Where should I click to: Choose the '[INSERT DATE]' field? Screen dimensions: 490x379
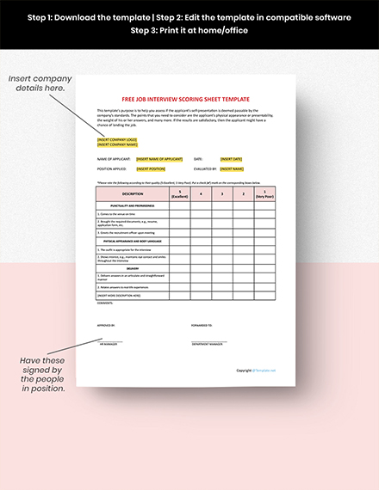[x=232, y=159]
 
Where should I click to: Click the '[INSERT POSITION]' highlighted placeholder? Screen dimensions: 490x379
[x=155, y=170]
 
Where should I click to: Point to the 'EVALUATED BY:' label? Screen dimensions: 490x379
[x=205, y=170]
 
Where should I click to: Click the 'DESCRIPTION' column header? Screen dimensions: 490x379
[x=133, y=194]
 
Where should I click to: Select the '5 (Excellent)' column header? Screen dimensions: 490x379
[x=180, y=194]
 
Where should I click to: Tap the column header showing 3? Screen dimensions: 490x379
[x=223, y=194]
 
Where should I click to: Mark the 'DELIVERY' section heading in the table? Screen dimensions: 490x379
[x=133, y=267]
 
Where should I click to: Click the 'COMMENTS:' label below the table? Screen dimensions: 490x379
[x=105, y=303]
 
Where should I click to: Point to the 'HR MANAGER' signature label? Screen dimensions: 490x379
[x=108, y=343]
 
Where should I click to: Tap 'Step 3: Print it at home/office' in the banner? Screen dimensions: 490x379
[x=189, y=30]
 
